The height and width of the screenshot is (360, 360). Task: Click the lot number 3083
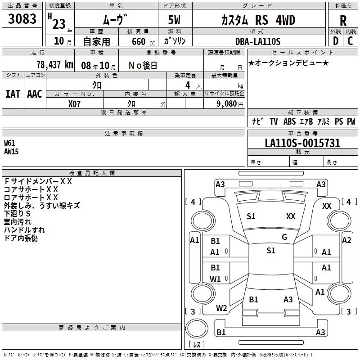point(22,19)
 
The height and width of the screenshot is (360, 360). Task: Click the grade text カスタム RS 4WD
point(258,20)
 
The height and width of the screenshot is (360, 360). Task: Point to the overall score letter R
point(343,20)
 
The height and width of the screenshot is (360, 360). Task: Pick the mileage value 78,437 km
point(54,64)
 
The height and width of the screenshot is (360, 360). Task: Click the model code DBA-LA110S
point(258,41)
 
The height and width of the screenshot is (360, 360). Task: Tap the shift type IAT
point(13,94)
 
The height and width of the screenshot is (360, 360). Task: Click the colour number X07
point(75,103)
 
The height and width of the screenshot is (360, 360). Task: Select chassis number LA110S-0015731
point(302,143)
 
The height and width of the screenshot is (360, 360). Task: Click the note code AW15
point(11,151)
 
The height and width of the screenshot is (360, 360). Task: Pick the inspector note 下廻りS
point(17,213)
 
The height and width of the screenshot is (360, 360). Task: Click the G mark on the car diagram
point(284,237)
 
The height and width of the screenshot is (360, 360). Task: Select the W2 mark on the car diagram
point(221,308)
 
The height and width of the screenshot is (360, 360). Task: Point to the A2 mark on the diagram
point(346,240)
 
